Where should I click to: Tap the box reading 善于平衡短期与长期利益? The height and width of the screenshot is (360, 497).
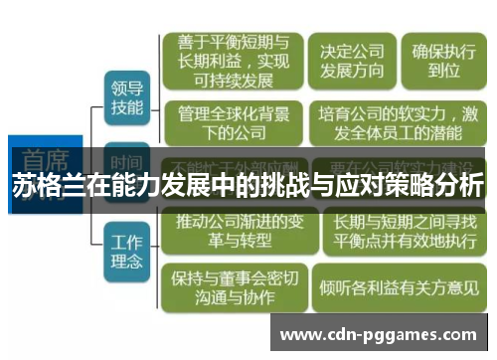(232, 61)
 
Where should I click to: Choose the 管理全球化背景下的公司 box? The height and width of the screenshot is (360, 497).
(231, 124)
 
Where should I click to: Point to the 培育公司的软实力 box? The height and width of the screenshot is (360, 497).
(396, 124)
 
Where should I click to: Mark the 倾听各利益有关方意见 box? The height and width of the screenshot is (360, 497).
(396, 287)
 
